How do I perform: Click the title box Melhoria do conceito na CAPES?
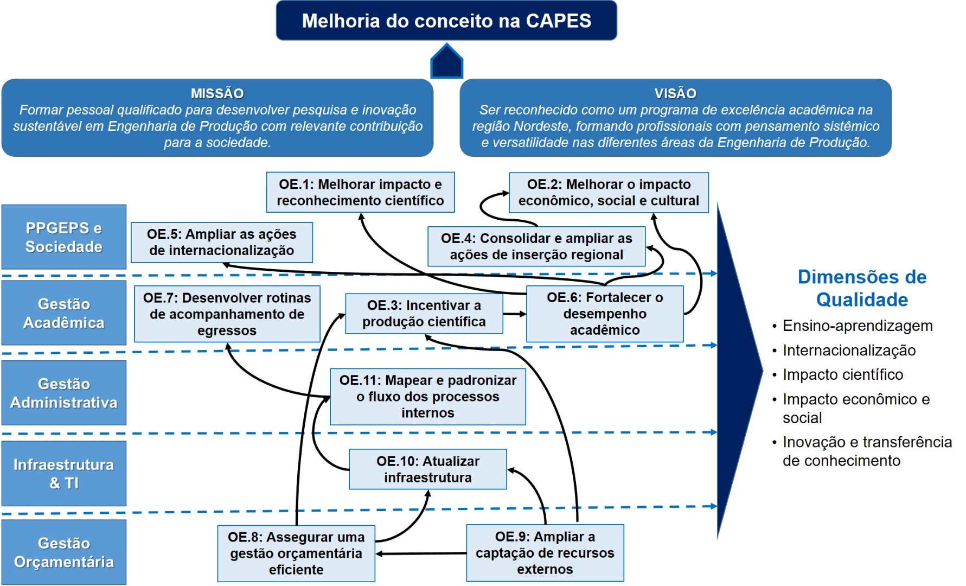pos(446,21)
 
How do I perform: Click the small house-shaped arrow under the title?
pos(446,62)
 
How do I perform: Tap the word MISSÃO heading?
pos(217,93)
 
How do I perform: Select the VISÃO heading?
pos(675,93)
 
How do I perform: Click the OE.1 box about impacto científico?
pos(360,192)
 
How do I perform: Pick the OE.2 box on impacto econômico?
pos(609,192)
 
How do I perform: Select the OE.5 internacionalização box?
pos(221,242)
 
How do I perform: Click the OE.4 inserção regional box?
pos(536,246)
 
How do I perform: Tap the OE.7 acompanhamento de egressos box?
pos(227,314)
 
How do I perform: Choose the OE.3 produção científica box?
pos(424,314)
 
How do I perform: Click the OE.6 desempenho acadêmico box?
pos(604,314)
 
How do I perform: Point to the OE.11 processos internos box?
pos(427,397)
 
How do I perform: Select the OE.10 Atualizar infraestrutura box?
pos(427,469)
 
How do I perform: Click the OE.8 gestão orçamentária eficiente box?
pos(296,553)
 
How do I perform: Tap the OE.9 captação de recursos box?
pos(545,553)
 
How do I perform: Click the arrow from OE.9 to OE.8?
pos(421,553)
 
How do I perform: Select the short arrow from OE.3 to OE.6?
pos(514,314)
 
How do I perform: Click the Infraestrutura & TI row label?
pos(63,473)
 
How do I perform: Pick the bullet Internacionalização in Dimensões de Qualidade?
pos(849,351)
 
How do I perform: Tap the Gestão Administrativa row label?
pos(63,393)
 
